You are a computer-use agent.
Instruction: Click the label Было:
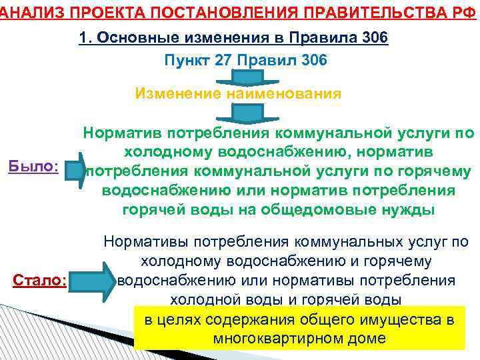(x=33, y=166)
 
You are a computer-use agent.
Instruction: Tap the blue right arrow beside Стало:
(x=93, y=281)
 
